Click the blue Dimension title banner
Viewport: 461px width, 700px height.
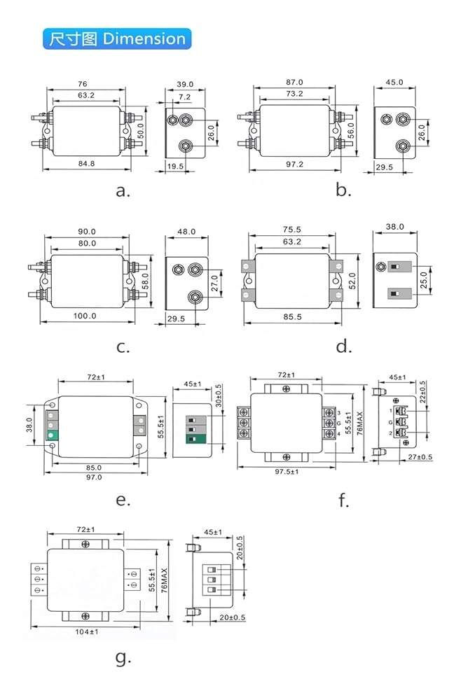[117, 38]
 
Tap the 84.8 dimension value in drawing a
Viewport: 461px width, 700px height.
[86, 163]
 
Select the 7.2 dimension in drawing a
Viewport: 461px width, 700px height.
[184, 97]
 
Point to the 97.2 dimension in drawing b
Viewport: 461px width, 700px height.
[294, 164]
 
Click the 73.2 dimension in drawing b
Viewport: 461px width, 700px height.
[294, 94]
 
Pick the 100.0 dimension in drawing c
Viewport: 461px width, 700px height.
[85, 316]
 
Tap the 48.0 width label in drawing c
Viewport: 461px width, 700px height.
[186, 232]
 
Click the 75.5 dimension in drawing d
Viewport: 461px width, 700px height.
[291, 230]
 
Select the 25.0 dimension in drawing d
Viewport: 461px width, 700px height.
[423, 281]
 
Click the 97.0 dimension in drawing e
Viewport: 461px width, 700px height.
[94, 477]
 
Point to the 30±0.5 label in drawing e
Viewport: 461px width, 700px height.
[219, 395]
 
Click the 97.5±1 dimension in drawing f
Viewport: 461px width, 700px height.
[287, 472]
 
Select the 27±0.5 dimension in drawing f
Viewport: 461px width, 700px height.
[420, 456]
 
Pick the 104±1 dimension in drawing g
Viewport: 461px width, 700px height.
[87, 631]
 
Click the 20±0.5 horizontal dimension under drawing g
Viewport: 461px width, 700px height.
[233, 617]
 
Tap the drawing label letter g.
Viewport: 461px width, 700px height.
[123, 657]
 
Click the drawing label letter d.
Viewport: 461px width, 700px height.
[343, 346]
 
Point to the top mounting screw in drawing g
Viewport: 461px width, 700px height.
[85, 544]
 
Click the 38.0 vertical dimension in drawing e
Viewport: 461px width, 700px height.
[29, 425]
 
